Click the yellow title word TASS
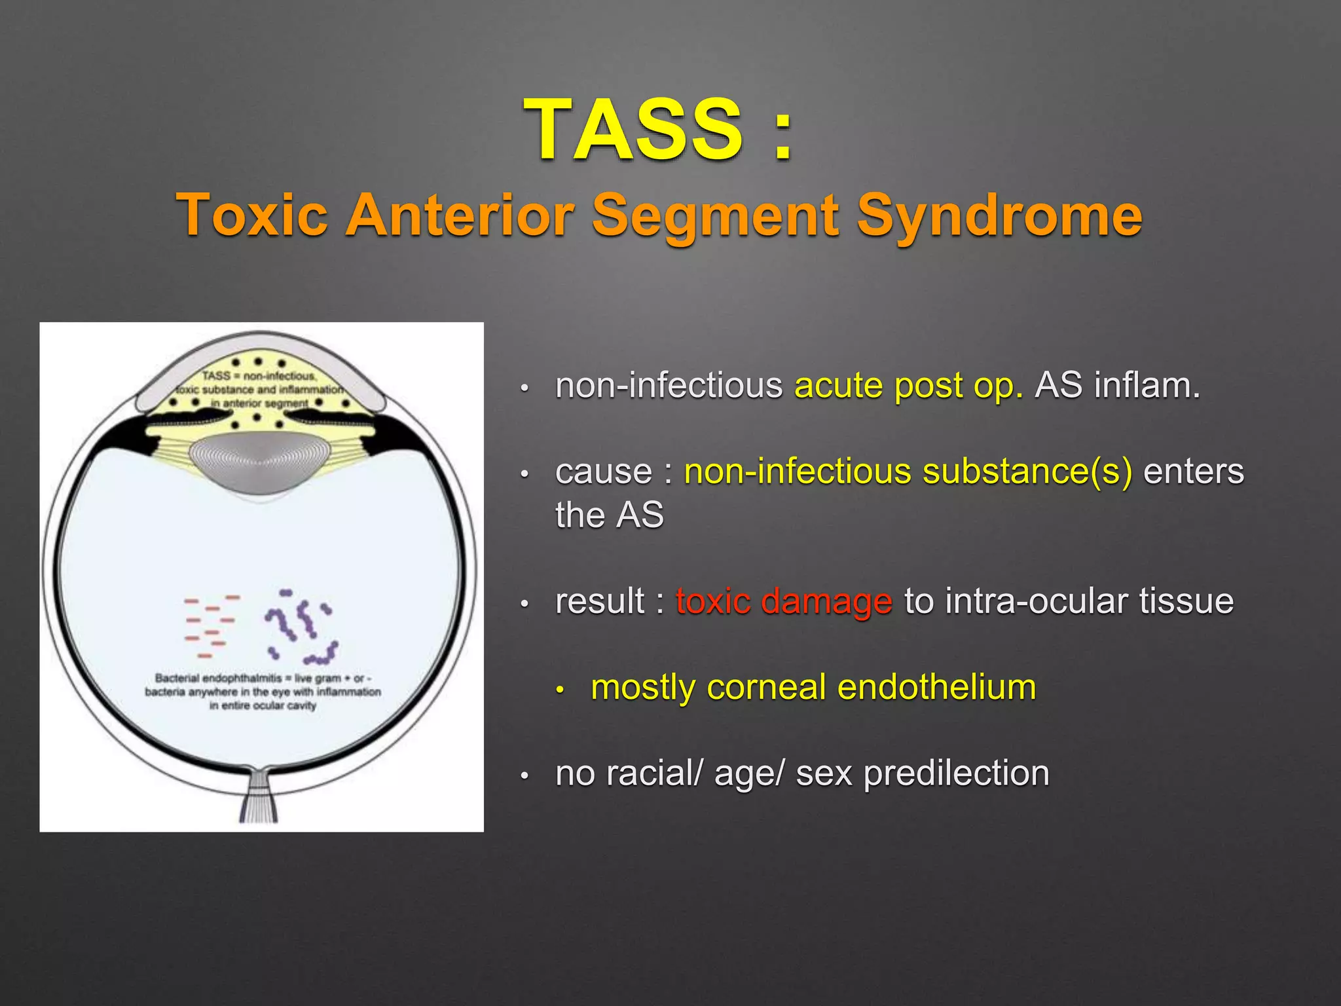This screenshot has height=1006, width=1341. coord(633,129)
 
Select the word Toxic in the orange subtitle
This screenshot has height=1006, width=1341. coord(252,215)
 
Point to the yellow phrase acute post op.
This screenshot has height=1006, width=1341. coord(908,385)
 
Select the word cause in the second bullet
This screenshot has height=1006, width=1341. coord(603,472)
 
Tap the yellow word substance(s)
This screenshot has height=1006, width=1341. coord(1027,472)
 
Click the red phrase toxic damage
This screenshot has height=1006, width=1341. coord(784,601)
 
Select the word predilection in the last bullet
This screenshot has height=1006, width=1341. coord(956,773)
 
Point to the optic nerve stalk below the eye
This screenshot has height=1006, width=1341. coord(259,796)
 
